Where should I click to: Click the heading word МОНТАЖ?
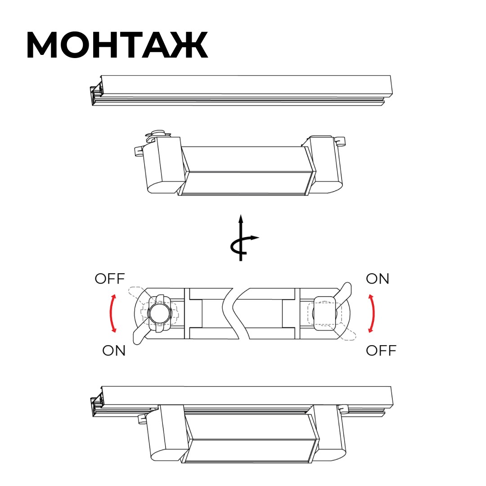[117, 45]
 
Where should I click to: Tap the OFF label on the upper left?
[110, 279]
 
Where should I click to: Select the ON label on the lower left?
[114, 351]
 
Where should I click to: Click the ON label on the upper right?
[377, 279]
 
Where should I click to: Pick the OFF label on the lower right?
[381, 351]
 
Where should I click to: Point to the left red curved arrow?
[112, 313]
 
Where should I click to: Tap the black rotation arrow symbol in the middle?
[243, 238]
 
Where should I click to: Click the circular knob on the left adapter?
[159, 313]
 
